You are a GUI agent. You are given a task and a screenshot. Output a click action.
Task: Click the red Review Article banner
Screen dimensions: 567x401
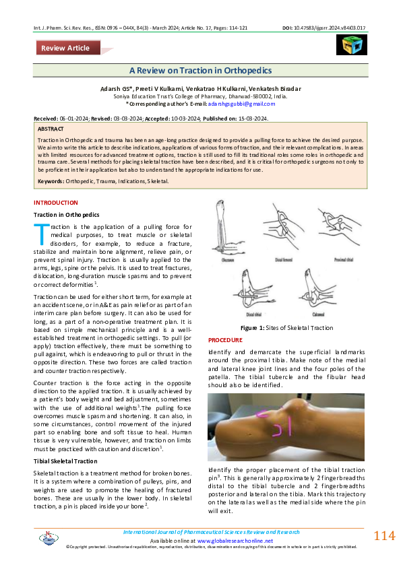click(x=67, y=48)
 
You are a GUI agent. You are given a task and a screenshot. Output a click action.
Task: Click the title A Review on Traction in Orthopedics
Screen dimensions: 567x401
click(x=200, y=71)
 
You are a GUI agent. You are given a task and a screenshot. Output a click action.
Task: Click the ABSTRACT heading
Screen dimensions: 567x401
click(x=51, y=128)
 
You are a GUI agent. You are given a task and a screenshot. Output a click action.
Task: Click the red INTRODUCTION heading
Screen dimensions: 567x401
click(x=56, y=203)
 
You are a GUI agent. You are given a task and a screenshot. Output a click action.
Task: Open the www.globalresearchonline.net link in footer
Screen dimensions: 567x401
click(x=235, y=541)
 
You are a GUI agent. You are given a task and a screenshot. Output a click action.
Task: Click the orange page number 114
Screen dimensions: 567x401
click(x=384, y=536)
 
